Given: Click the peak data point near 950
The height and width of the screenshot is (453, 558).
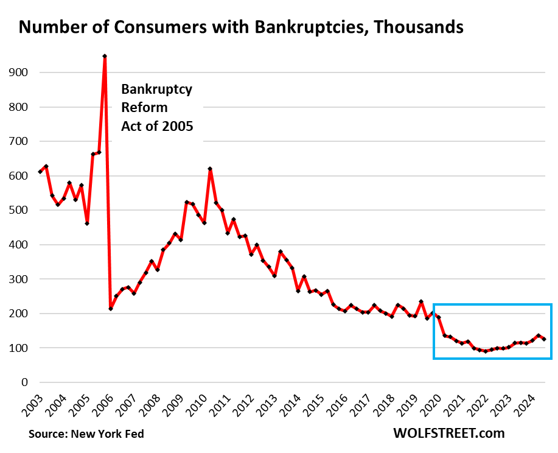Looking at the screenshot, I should point(105,56).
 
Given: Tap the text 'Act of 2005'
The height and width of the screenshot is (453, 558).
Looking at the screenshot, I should point(158,125).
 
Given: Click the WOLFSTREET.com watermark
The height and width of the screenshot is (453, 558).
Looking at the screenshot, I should point(450,434).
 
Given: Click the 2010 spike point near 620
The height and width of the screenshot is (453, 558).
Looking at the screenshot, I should point(210,169).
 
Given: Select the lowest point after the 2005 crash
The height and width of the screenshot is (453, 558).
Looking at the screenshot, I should point(111,309).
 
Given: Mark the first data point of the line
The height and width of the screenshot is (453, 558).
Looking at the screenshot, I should point(40,172).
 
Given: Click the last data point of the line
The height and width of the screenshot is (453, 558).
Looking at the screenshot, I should point(544,339).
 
